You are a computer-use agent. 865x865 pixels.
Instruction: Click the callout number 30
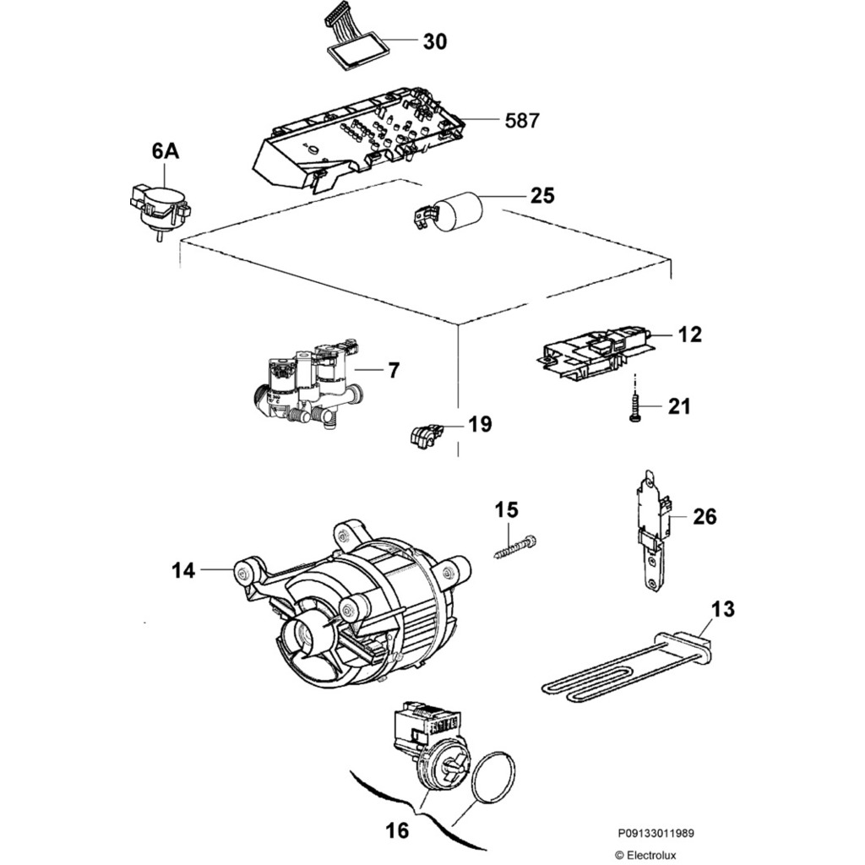coord(435,41)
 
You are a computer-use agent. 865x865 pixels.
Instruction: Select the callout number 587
coord(522,120)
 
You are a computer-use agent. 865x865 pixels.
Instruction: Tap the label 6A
coord(166,151)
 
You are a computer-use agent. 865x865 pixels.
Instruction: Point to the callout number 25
coord(542,195)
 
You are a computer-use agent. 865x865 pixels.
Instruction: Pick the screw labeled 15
coord(514,547)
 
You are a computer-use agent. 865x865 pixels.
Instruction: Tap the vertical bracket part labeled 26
coord(653,532)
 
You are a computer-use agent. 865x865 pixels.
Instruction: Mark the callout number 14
coord(183,570)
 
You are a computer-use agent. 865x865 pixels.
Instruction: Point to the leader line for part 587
coord(480,120)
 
